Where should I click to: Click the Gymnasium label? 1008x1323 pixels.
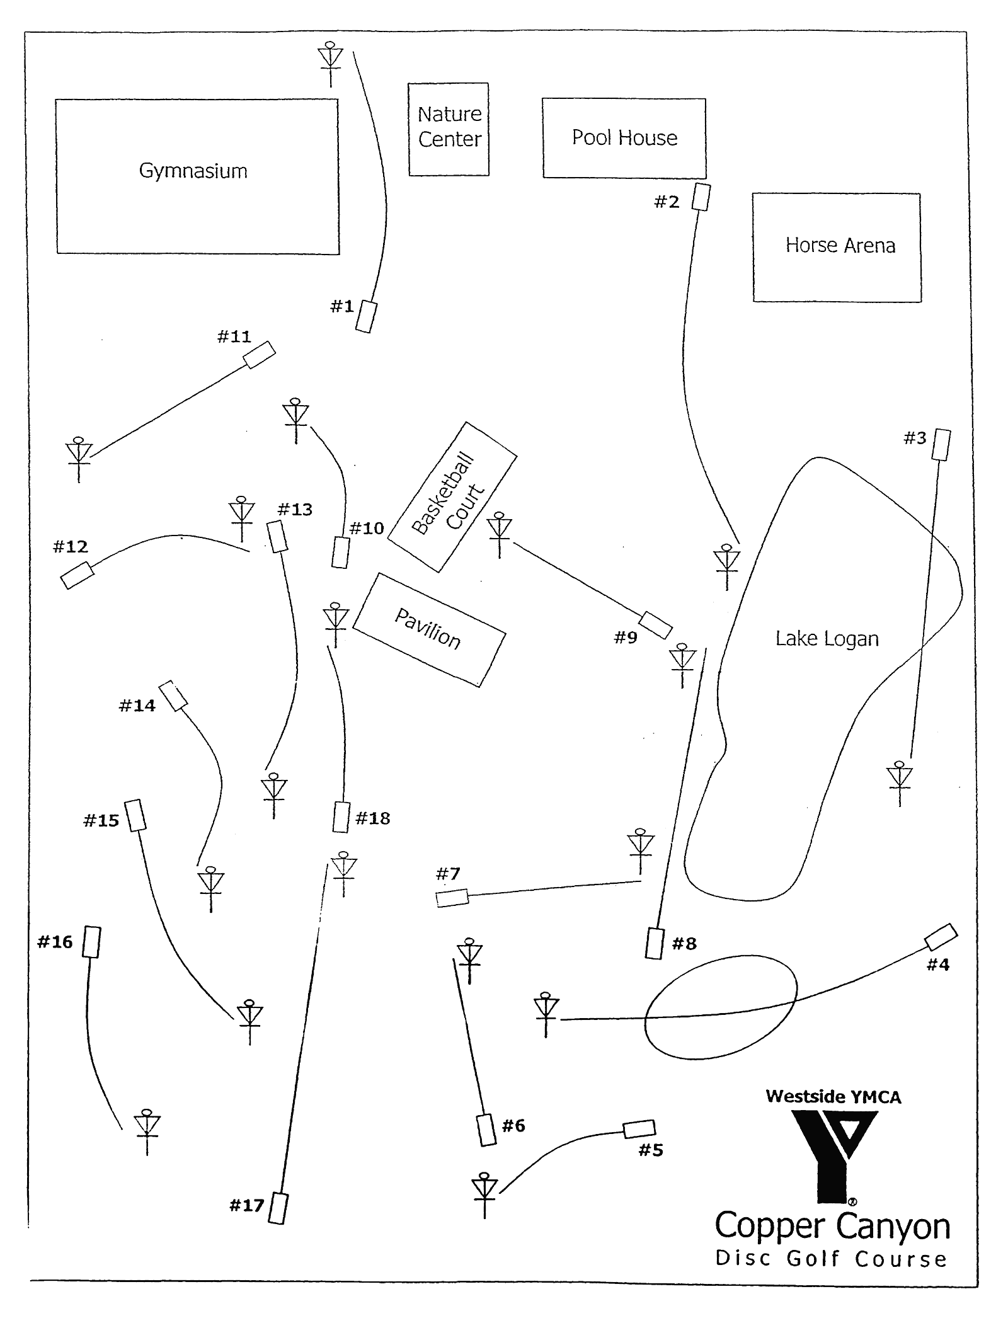(193, 171)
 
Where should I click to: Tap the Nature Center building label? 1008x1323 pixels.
(449, 127)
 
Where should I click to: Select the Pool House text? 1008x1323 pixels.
(624, 137)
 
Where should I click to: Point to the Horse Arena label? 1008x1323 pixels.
(840, 245)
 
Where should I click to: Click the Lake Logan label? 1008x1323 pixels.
(827, 638)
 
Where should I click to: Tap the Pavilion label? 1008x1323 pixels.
(428, 629)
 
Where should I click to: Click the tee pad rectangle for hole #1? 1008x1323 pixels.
(365, 316)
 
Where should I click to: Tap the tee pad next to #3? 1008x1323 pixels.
(941, 444)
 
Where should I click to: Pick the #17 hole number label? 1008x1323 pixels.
(246, 1205)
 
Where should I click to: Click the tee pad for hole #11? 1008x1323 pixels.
(259, 355)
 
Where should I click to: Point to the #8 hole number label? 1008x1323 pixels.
(684, 943)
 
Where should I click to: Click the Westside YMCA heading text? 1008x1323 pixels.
(833, 1096)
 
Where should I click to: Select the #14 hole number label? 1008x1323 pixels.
(137, 706)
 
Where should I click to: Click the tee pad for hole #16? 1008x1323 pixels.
(92, 942)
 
